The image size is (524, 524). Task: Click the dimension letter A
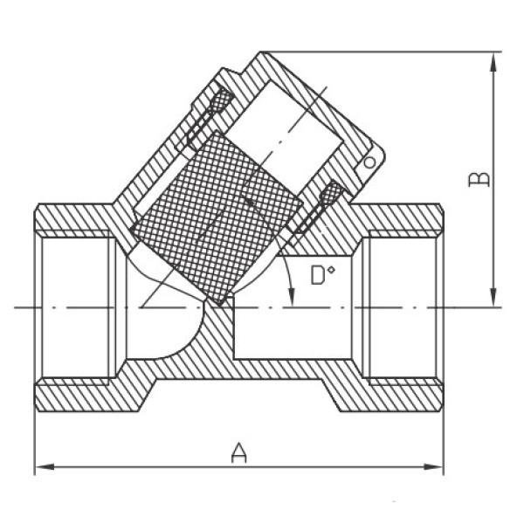click(x=239, y=452)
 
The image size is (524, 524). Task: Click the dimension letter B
click(x=479, y=179)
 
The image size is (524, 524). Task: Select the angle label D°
click(x=322, y=275)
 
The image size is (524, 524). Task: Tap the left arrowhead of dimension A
click(x=45, y=466)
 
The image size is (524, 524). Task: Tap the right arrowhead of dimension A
click(x=433, y=466)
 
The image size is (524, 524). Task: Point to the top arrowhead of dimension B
click(x=493, y=63)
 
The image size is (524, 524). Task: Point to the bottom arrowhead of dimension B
click(x=493, y=297)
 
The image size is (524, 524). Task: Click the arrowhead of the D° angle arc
click(x=293, y=298)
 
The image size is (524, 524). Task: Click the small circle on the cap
click(x=369, y=162)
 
